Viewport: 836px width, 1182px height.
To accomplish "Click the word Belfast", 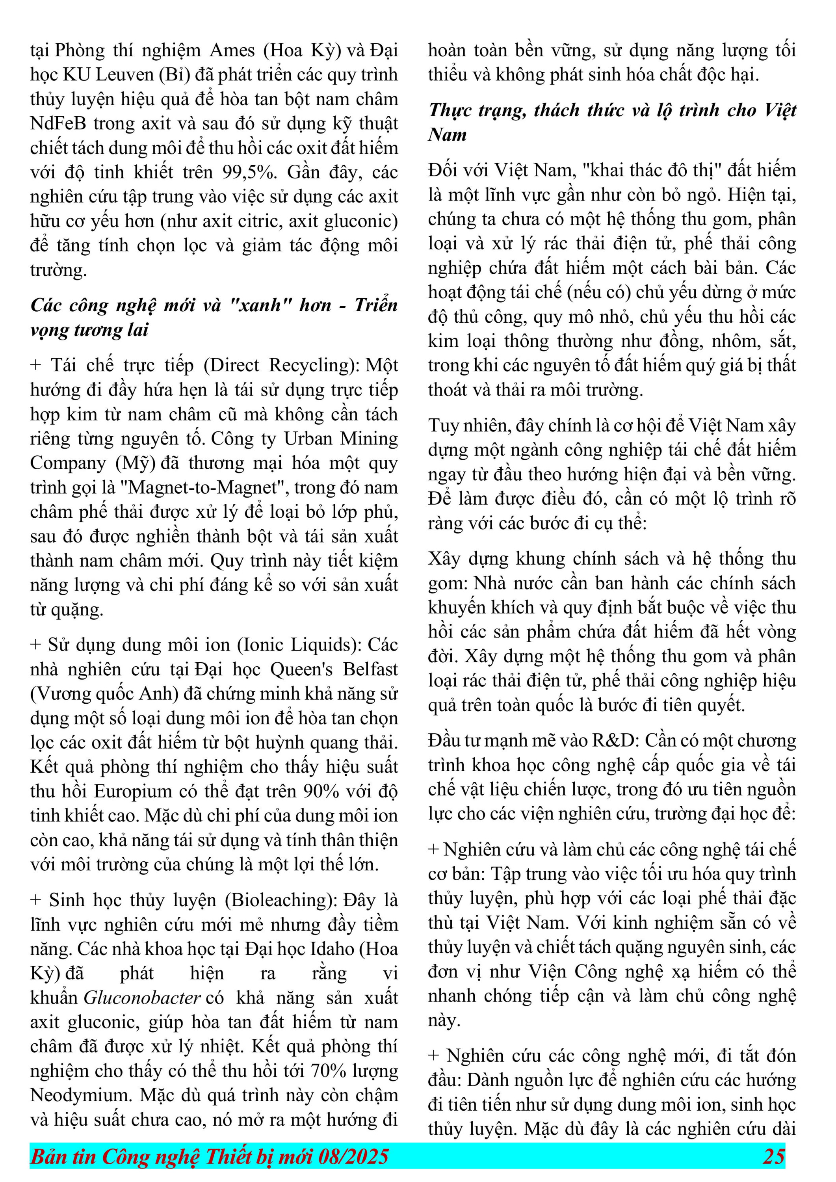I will pos(370,669).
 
